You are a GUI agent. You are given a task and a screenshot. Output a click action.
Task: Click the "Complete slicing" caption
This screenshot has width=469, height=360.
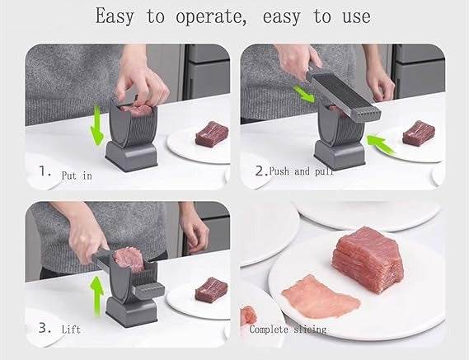[288, 329]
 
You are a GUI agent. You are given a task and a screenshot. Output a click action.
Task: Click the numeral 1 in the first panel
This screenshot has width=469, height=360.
[44, 174]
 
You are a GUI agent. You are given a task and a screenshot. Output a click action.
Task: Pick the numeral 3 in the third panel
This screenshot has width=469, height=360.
[44, 327]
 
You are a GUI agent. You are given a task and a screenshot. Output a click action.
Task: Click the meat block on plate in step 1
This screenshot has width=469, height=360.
[212, 132]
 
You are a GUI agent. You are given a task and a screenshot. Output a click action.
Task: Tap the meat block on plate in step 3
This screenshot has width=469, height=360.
[211, 289]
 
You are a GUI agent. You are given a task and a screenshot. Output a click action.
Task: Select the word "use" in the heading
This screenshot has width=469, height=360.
[352, 16]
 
